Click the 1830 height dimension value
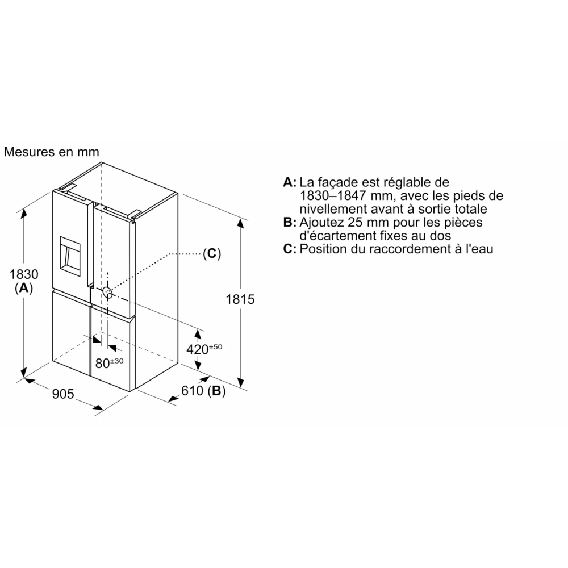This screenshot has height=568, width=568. point(24,274)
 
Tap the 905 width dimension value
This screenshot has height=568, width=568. point(63,394)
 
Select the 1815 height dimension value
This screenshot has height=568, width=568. point(240,299)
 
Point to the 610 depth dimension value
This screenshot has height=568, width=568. point(193,391)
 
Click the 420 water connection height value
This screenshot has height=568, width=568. point(198,349)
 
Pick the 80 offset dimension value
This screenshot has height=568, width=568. point(102,364)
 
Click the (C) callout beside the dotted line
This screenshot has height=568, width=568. point(211,253)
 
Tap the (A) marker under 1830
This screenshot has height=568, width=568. point(24,288)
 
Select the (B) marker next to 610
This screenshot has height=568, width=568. point(216,391)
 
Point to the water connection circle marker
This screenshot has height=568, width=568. point(107,292)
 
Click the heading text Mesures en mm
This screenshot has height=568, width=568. point(52,152)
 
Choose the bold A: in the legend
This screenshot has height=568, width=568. point(290,182)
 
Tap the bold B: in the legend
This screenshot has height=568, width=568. point(290,222)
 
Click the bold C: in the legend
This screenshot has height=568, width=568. point(290,249)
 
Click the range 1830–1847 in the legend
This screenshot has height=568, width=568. point(333,195)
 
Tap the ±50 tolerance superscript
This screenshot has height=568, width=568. point(215,346)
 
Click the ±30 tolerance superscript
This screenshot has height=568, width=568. point(117,361)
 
